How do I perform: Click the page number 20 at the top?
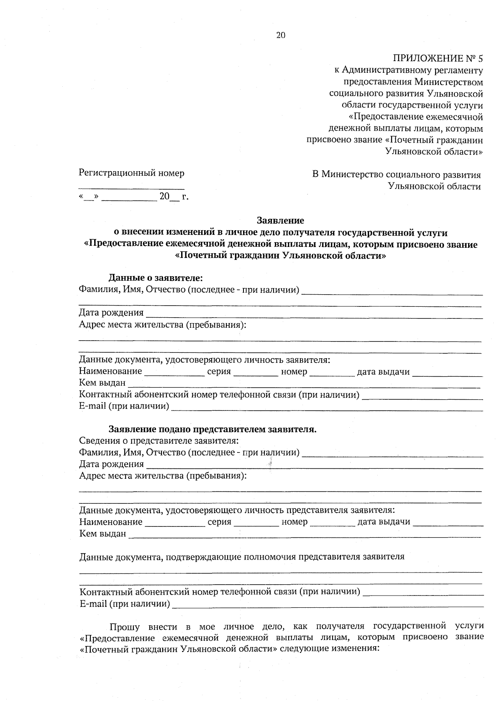click(281, 36)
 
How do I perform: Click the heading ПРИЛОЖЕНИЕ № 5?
click(438, 58)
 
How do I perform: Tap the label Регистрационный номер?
click(131, 173)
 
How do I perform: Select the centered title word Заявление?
click(280, 220)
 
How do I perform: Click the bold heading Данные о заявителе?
click(156, 277)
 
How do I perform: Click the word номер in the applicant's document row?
click(294, 372)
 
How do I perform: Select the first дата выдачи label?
click(383, 372)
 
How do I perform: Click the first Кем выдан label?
click(102, 383)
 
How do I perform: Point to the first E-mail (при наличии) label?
click(124, 406)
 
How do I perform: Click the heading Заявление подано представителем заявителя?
click(213, 429)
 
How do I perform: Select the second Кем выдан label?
click(102, 534)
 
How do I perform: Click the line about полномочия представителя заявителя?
click(242, 557)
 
